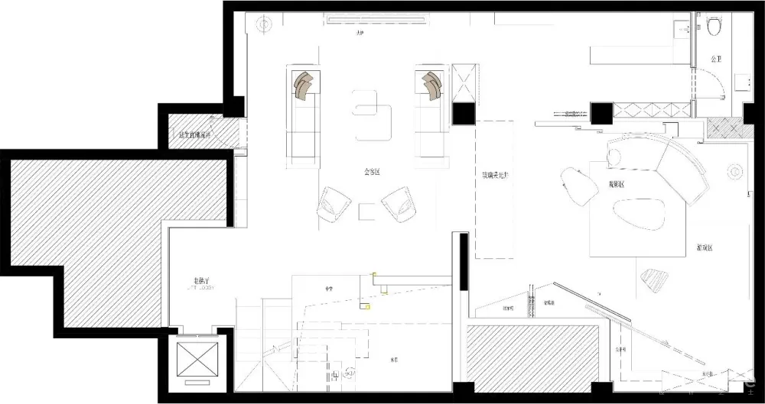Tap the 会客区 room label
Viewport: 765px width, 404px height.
click(x=373, y=173)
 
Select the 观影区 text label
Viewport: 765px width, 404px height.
click(x=617, y=184)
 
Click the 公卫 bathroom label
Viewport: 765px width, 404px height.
click(x=716, y=59)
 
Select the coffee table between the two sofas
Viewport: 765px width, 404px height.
click(x=373, y=115)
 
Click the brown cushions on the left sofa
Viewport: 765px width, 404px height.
click(x=304, y=84)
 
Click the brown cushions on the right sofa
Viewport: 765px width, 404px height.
click(x=431, y=84)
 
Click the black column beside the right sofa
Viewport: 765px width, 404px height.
click(x=463, y=113)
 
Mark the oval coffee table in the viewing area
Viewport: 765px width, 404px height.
click(x=636, y=215)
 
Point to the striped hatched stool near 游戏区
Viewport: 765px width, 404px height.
click(x=656, y=280)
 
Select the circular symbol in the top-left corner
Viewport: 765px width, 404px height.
click(x=263, y=24)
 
